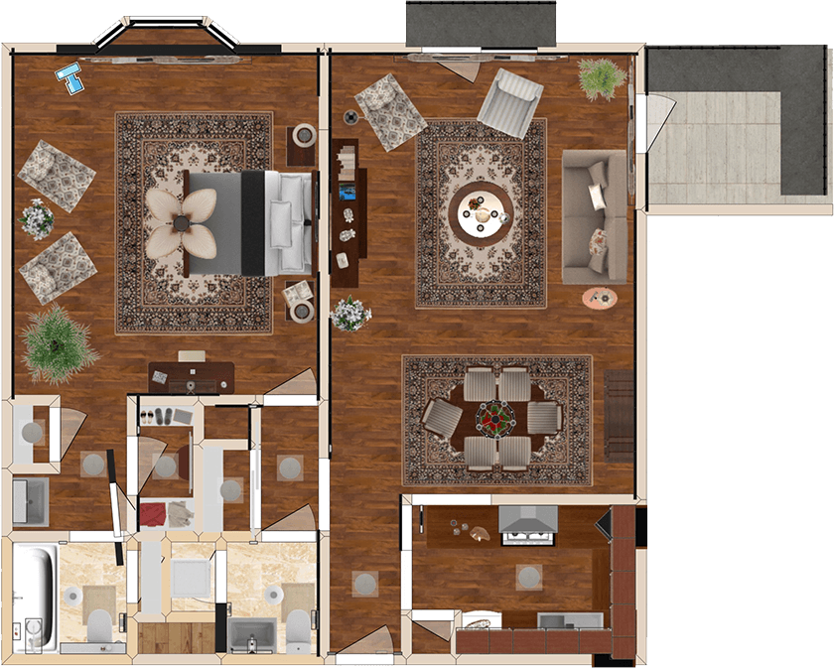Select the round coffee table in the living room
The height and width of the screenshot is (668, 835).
tap(481, 210)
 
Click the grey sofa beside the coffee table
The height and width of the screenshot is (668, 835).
tap(594, 216)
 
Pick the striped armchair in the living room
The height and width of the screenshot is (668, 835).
tap(511, 101)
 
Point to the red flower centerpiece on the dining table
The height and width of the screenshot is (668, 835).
tap(493, 417)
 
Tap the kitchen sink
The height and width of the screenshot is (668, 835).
tap(569, 620)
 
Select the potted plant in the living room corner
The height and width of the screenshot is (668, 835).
tap(601, 77)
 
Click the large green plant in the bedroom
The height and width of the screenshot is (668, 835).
tap(58, 342)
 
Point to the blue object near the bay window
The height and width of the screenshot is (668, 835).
tap(70, 76)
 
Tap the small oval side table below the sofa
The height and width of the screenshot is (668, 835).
tap(599, 297)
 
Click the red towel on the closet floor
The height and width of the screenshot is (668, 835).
tap(154, 514)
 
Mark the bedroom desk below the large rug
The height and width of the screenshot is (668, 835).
tap(192, 376)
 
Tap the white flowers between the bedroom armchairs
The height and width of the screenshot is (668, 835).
tap(38, 218)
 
